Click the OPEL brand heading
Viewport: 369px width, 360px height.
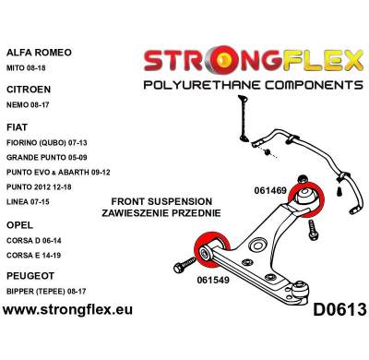(20, 224)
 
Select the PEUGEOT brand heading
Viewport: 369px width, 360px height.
(30, 276)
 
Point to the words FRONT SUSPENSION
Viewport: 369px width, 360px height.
(161, 201)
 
